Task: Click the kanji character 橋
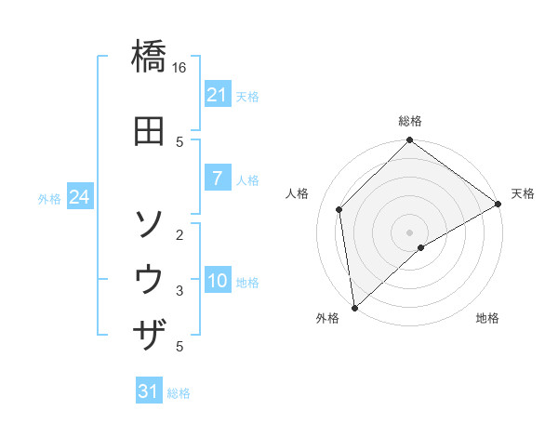pos(150,59)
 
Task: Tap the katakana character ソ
pos(150,224)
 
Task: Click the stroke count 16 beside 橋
pos(179,68)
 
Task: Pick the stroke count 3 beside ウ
pos(179,291)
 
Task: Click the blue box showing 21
pos(217,95)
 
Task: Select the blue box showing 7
pos(217,179)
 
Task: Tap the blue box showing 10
pos(217,282)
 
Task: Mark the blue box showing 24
pos(79,197)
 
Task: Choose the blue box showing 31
pos(149,391)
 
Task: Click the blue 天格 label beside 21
pos(246,96)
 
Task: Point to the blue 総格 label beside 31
pos(179,393)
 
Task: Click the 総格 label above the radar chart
pos(410,121)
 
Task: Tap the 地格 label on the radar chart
pos(487,319)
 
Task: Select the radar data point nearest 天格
pos(498,205)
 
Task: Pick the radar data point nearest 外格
pos(354,308)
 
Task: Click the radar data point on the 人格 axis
pos(339,209)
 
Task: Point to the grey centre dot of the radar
pos(410,232)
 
